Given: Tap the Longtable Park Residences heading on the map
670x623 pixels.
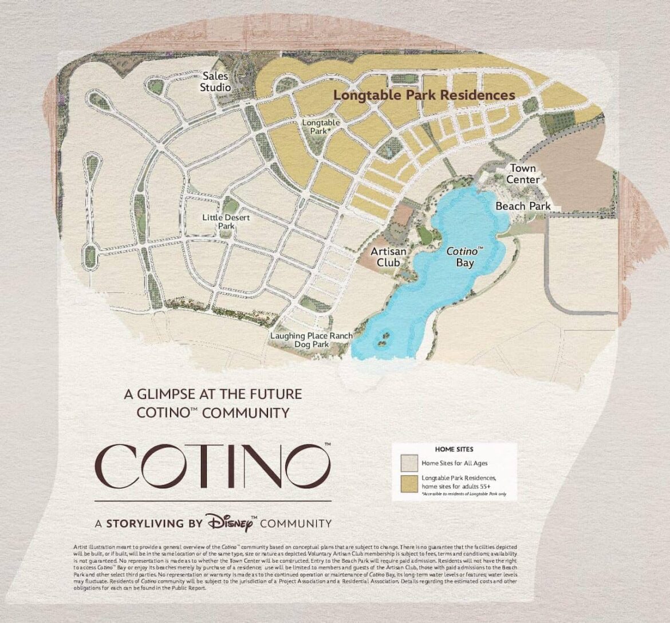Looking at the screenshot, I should (424, 95).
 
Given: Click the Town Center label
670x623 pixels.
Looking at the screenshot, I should (523, 174).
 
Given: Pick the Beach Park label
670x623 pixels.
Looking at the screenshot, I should (523, 206).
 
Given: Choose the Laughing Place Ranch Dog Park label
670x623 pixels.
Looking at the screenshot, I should (312, 340).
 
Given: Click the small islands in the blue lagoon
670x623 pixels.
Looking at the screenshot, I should (381, 338).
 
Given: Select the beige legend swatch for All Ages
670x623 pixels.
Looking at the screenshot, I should (408, 462).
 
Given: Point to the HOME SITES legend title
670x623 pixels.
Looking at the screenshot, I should (454, 449).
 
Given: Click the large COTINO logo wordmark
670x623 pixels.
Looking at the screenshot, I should (212, 465).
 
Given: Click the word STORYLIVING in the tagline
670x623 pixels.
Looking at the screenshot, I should (145, 523).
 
